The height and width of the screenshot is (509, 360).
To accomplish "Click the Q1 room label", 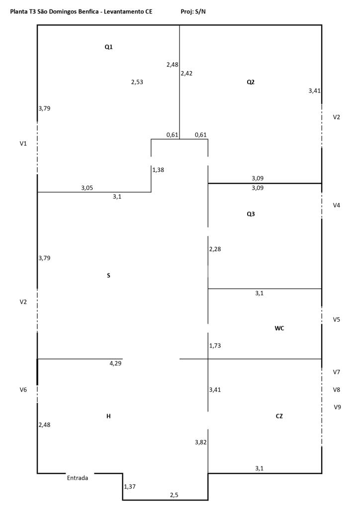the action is (x=108, y=47).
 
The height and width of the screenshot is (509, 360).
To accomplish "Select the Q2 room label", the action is (x=251, y=82).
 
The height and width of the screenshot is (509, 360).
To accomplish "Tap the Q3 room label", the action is (x=251, y=214).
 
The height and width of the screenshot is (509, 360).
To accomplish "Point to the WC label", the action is (x=279, y=328).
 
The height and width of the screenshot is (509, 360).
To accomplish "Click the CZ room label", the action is (x=279, y=416).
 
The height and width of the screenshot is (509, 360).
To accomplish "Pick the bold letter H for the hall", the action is (x=108, y=416).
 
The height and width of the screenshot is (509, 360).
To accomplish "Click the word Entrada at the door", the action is (x=78, y=478).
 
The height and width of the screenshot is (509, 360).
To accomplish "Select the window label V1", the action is (x=23, y=144).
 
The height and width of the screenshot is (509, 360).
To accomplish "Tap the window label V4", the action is (x=336, y=205).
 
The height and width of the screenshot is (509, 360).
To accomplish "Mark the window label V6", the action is (x=23, y=390).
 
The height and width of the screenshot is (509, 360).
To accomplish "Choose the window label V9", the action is (x=337, y=407).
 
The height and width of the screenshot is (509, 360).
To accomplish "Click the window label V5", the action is (x=336, y=320).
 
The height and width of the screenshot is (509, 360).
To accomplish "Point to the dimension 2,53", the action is (x=137, y=82).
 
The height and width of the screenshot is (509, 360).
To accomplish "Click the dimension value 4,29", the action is (x=115, y=363).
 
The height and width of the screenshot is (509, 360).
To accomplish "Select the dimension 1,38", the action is (x=158, y=170).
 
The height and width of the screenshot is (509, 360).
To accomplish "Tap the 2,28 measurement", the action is (x=215, y=250).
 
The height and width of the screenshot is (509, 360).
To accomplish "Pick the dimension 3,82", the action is (x=201, y=442).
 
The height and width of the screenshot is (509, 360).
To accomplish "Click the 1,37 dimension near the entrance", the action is (x=129, y=487).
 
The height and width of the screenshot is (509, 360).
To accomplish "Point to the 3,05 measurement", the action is (x=87, y=188).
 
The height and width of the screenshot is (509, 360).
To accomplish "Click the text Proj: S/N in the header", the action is (x=193, y=12).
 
